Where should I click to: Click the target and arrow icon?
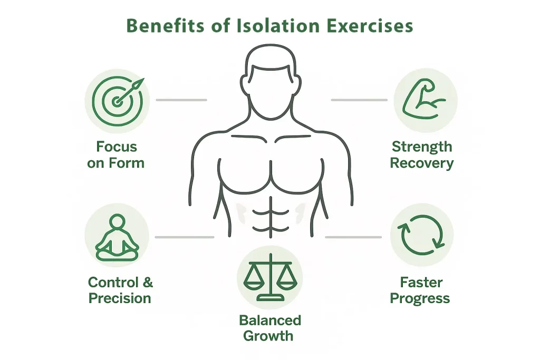coord(117,100)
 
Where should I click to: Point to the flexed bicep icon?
coord(425,100)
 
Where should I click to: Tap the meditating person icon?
coord(117,237)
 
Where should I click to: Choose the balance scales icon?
coord(269,276)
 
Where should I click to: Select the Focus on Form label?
coord(116,154)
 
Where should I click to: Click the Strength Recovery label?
coord(421,154)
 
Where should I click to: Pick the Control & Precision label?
coord(120,290)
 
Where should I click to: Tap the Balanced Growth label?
coord(269,327)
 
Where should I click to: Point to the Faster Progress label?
coord(420,290)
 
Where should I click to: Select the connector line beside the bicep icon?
coord(359,100)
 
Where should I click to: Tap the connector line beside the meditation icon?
coord(185,237)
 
